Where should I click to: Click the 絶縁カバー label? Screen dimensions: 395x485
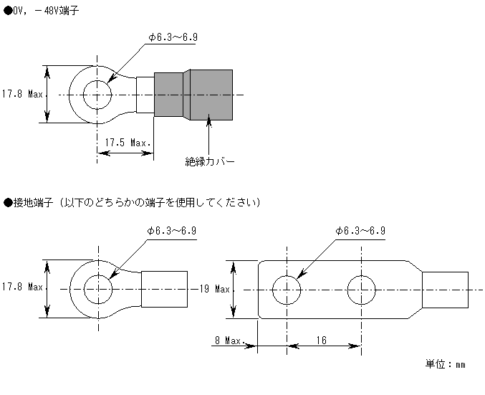point(209,161)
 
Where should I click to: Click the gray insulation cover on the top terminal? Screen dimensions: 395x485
point(193,95)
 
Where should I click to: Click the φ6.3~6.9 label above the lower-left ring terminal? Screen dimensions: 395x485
point(172,231)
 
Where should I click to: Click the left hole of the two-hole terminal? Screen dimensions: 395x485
point(287,290)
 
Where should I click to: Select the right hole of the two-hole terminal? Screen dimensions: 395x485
point(361,290)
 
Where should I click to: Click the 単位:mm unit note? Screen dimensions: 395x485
point(445,364)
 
